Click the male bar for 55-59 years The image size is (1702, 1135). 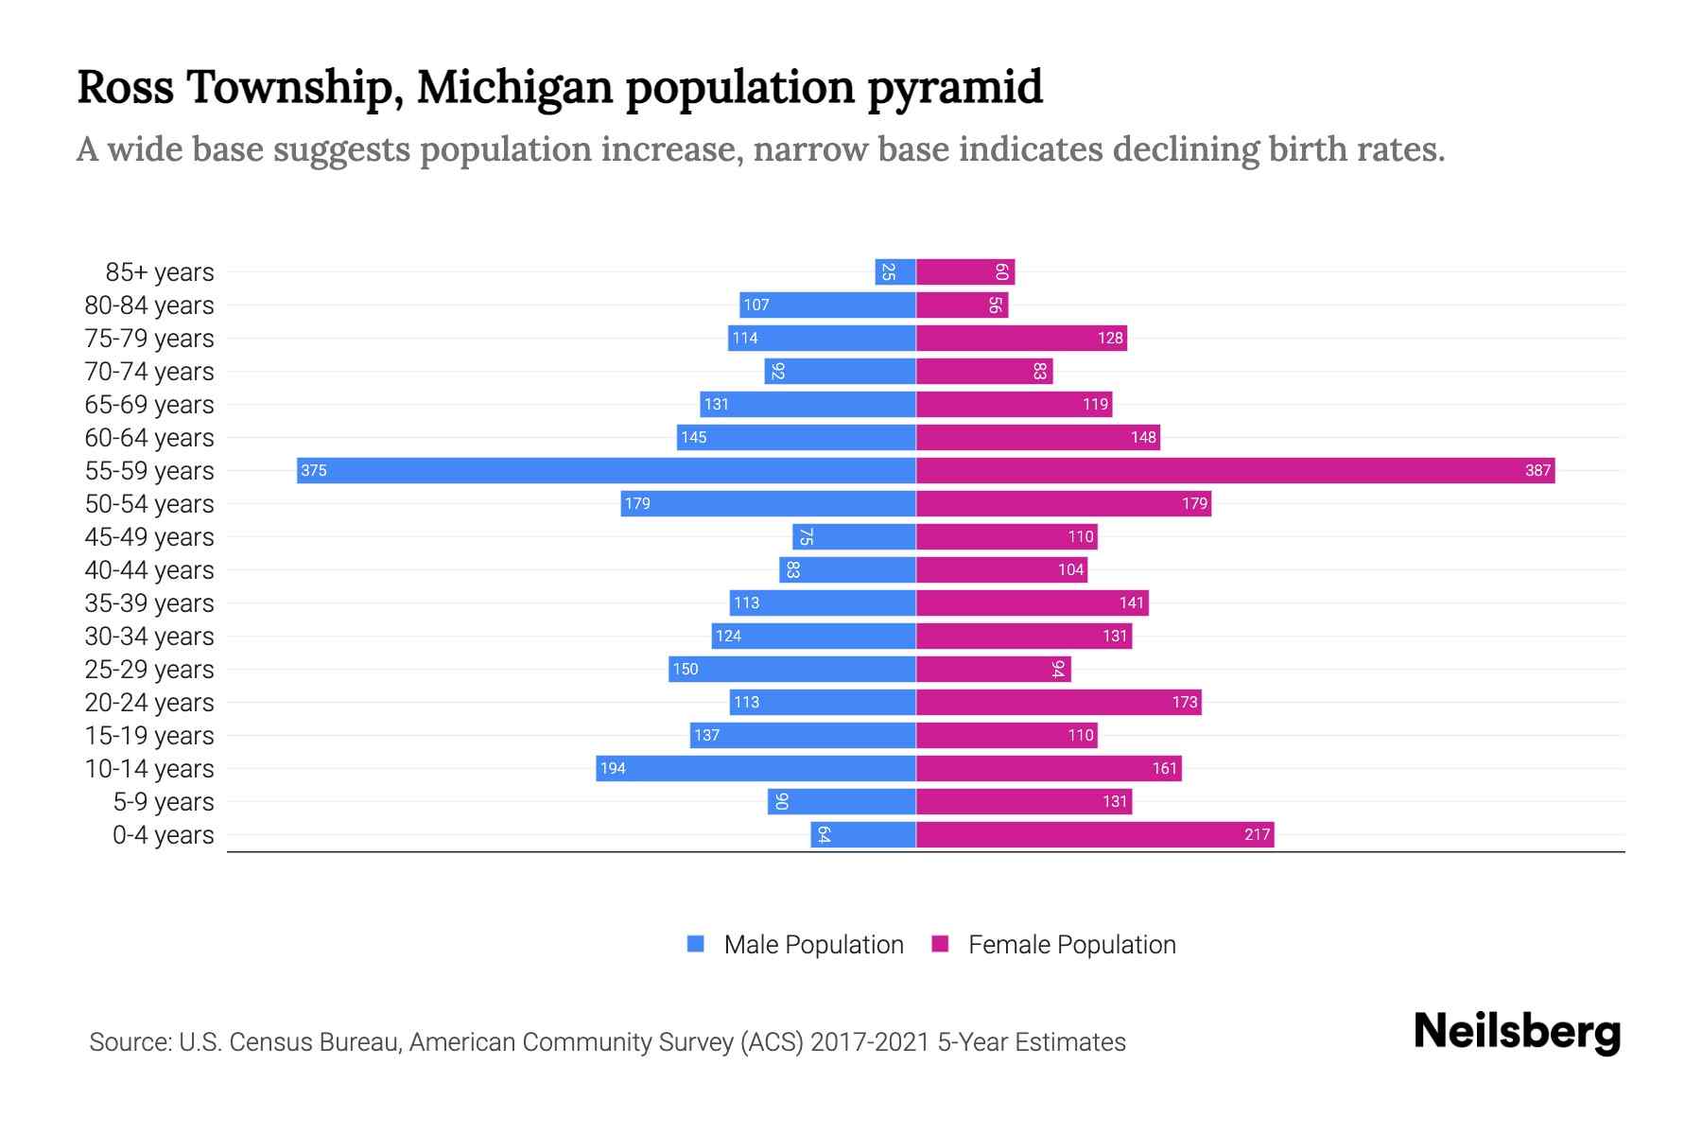605,470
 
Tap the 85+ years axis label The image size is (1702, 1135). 160,272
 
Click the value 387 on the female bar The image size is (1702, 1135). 1537,470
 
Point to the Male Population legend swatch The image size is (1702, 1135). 696,944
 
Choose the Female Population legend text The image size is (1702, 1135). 1071,944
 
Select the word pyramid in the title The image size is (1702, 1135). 955,87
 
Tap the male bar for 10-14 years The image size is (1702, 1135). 756,768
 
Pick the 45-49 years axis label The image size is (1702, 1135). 149,537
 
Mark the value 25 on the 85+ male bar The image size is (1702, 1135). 888,272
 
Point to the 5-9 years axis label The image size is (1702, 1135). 163,802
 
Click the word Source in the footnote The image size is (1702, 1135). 130,1042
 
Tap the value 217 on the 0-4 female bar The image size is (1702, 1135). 1257,834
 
